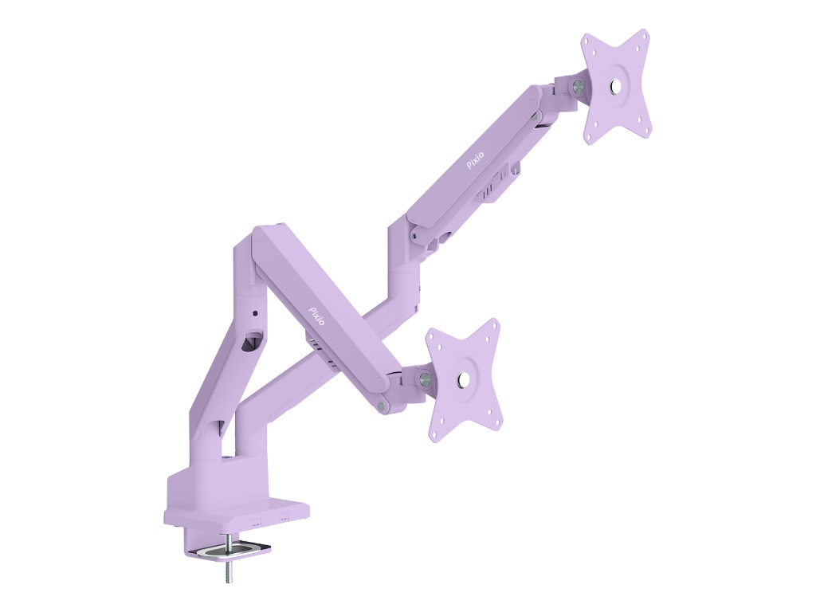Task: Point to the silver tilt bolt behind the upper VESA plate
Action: click(x=577, y=85)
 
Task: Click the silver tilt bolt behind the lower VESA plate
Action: click(x=425, y=377)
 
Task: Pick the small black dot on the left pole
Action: click(x=254, y=313)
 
